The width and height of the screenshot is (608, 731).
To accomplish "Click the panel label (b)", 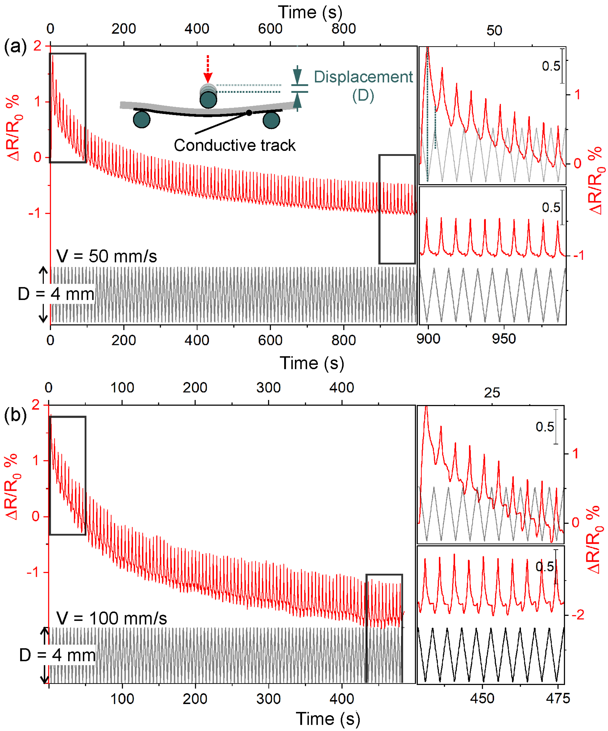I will (15, 415).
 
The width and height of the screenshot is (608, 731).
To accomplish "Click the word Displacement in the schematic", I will (363, 77).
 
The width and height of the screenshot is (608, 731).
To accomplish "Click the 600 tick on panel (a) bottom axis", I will (270, 340).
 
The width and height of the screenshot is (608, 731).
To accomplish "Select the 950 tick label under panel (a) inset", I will (504, 339).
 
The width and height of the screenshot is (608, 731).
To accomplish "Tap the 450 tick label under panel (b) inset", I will (482, 699).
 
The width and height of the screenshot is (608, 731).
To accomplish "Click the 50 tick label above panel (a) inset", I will (494, 31).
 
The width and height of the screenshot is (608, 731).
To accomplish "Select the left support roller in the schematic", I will (142, 120).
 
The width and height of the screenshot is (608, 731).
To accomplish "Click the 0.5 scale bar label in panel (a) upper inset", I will (551, 66).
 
